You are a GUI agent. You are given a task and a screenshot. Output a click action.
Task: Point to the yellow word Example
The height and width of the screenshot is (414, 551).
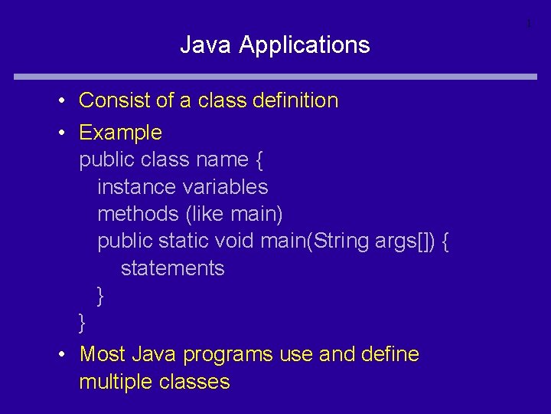coord(120,133)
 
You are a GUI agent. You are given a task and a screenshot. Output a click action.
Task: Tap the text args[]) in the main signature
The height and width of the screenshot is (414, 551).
coord(406,241)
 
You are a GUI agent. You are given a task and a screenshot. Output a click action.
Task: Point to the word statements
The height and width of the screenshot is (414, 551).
coord(172,268)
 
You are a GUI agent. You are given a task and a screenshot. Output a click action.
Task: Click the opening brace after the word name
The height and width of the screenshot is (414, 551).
coord(259,160)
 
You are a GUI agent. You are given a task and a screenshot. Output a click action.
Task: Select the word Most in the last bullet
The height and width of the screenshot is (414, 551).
coord(103,354)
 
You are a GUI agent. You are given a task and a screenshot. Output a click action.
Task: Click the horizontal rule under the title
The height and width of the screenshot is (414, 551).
coord(275,76)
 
